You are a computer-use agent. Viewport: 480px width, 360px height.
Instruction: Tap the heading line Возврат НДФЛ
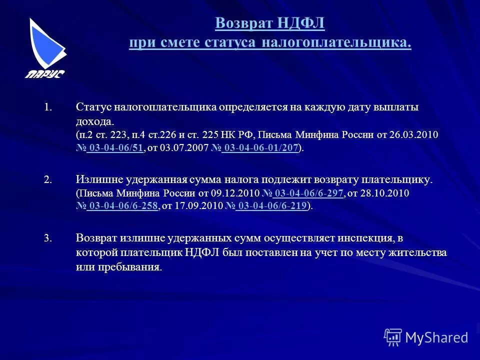270,23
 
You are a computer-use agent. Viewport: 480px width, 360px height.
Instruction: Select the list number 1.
47,107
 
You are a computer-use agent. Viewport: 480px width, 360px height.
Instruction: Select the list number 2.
47,180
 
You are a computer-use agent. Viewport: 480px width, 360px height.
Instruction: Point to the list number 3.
47,239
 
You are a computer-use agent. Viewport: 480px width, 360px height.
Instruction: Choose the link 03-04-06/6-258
123,206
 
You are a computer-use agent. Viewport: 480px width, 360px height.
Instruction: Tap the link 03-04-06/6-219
271,206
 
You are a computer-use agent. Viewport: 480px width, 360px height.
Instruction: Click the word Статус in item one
94,107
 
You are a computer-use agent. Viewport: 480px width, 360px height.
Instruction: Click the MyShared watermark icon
393,337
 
